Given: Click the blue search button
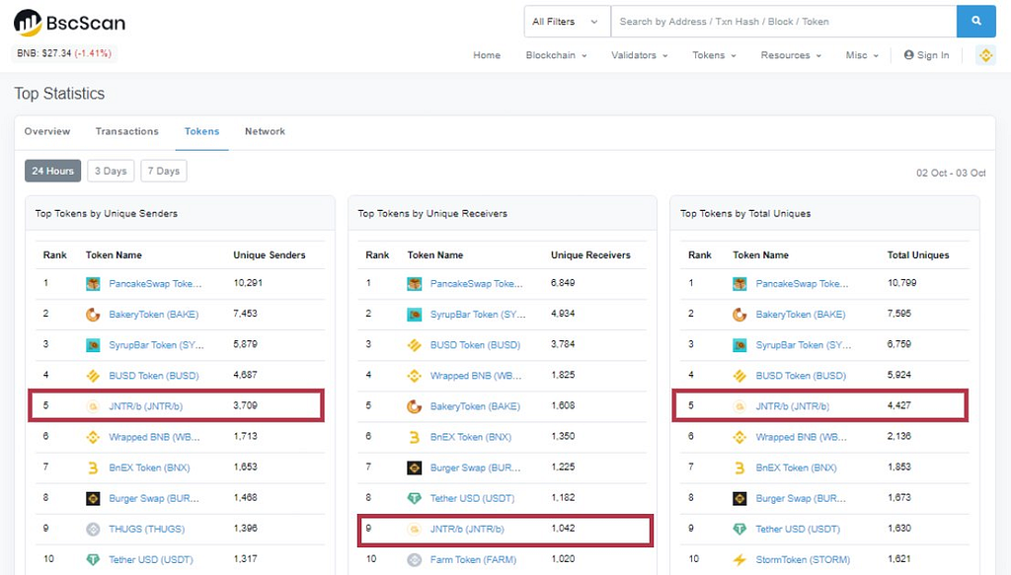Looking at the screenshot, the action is click(x=976, y=22).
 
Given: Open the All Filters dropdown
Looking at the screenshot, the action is click(x=567, y=22).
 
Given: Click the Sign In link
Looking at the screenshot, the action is click(x=926, y=55).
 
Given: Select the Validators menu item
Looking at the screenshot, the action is click(x=639, y=55).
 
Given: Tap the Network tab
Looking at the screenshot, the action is click(x=265, y=131).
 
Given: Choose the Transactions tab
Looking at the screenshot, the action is click(x=127, y=131).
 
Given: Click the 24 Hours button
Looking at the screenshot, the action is click(x=53, y=171).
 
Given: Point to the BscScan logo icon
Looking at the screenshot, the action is click(x=28, y=23).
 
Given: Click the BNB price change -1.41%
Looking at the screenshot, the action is click(x=93, y=53).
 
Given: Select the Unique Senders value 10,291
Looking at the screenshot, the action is click(x=248, y=283).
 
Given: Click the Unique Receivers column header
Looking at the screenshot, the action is click(x=590, y=255).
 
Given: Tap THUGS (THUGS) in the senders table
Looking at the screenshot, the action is click(x=146, y=529).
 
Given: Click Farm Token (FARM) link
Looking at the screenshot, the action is click(x=473, y=559).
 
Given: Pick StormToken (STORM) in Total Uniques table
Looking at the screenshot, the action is click(x=803, y=559).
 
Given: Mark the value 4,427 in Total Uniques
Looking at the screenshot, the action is click(x=898, y=405).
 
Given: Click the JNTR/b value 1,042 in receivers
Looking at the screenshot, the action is click(x=563, y=528).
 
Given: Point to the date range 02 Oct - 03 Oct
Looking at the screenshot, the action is click(x=951, y=173).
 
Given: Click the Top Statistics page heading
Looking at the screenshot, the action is click(x=59, y=94).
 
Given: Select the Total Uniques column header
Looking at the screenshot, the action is click(x=918, y=255).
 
